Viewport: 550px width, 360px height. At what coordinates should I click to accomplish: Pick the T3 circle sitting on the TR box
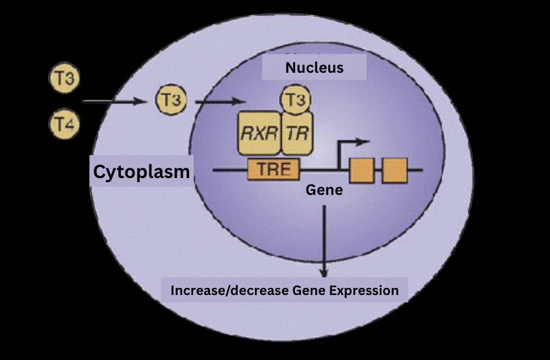click(295, 101)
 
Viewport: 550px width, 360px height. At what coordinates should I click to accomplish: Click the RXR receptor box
click(258, 135)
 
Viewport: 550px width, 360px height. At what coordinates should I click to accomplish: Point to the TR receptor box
click(296, 135)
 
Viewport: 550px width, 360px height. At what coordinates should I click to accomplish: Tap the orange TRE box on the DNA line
click(273, 170)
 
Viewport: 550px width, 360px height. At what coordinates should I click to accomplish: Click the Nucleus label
click(314, 68)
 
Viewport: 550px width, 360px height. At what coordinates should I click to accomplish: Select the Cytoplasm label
click(141, 172)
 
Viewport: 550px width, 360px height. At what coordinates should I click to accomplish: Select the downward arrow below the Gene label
click(324, 240)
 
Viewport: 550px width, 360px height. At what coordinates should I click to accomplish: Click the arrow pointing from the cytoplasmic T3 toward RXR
click(220, 101)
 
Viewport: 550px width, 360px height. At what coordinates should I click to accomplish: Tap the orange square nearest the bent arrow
click(361, 170)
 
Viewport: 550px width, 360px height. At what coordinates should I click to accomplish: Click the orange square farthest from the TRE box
click(394, 170)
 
